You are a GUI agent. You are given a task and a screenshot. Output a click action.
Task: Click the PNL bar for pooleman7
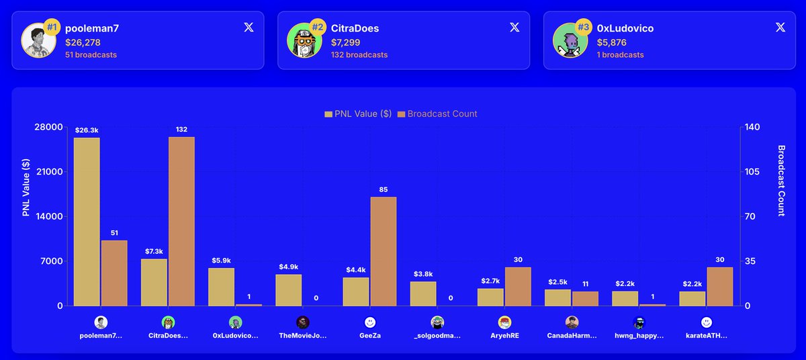tap(87, 222)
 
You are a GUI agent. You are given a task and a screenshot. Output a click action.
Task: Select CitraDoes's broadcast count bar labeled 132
tap(181, 222)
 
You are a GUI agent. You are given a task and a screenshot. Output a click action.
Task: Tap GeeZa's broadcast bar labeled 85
tap(384, 251)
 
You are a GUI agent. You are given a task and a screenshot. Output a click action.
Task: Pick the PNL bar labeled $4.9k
tap(289, 290)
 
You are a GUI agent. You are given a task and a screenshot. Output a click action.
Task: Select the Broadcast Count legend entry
tap(437, 114)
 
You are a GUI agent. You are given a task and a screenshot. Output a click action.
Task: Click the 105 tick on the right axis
tap(752, 172)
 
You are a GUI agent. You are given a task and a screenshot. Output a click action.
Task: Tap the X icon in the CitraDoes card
tap(514, 28)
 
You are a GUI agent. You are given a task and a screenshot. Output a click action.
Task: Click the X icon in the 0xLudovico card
tap(780, 28)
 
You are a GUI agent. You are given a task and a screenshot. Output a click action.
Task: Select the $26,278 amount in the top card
tap(83, 42)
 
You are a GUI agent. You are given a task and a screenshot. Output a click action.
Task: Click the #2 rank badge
tap(318, 28)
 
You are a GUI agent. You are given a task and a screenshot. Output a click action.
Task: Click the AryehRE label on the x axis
tap(504, 335)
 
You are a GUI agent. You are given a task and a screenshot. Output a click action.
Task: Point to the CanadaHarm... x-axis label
tap(572, 335)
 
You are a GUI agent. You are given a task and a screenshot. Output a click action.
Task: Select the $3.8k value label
tap(423, 274)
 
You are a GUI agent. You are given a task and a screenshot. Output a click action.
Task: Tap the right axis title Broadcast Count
tap(781, 181)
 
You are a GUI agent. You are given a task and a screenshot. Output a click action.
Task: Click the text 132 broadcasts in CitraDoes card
tap(359, 55)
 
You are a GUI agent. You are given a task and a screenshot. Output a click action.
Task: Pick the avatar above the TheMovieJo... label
tap(303, 322)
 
